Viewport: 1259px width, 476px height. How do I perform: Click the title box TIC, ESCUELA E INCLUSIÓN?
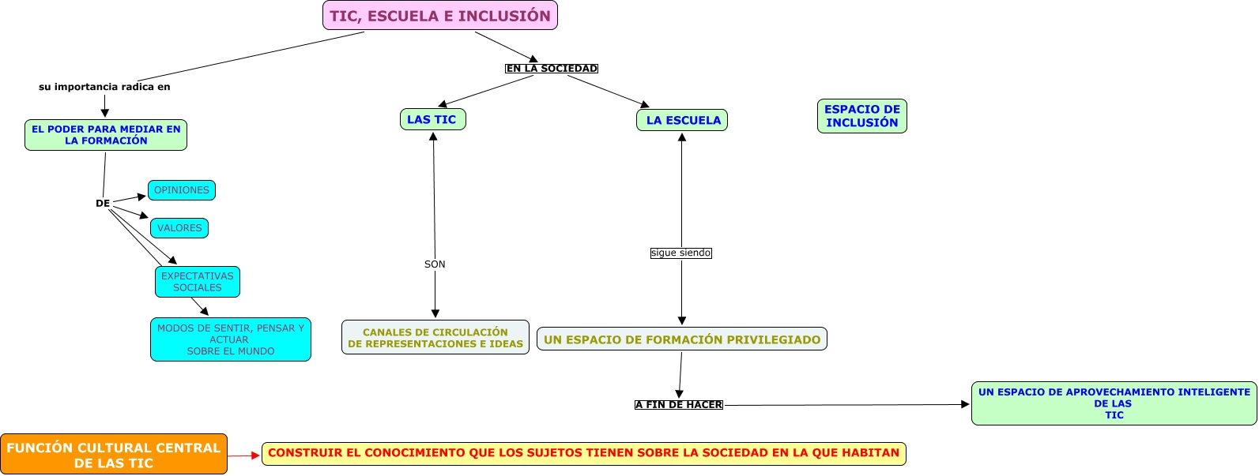tap(440, 16)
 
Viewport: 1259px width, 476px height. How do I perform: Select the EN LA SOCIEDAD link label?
tap(552, 69)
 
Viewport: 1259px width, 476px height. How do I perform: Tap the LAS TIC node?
tap(432, 120)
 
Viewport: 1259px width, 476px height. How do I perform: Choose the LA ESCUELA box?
tap(682, 121)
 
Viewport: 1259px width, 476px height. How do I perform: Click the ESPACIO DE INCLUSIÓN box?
tap(861, 116)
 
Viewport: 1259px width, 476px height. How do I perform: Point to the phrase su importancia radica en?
tap(104, 87)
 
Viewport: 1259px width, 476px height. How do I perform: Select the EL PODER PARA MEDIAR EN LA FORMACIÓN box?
tap(106, 135)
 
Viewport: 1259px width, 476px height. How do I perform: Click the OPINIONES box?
tap(182, 190)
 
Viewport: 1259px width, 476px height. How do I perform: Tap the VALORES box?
tap(179, 228)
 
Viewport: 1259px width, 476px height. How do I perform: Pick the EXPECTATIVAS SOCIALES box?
tap(198, 282)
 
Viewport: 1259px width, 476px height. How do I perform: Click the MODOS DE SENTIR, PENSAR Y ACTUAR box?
tap(231, 339)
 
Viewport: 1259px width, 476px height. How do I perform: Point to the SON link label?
tap(435, 264)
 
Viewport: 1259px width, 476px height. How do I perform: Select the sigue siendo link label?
tap(680, 253)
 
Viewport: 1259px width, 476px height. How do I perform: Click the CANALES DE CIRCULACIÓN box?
tap(435, 338)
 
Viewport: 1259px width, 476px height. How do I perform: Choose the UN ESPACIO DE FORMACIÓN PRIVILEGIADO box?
tap(682, 339)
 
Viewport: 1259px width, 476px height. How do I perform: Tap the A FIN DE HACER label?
tap(679, 405)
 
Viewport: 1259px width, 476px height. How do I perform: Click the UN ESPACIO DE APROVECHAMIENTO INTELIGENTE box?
tap(1114, 403)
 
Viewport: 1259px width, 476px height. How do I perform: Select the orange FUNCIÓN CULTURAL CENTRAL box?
tap(114, 455)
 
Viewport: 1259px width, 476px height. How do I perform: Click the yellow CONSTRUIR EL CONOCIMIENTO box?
tap(583, 454)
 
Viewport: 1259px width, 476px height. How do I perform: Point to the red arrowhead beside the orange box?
tap(254, 455)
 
